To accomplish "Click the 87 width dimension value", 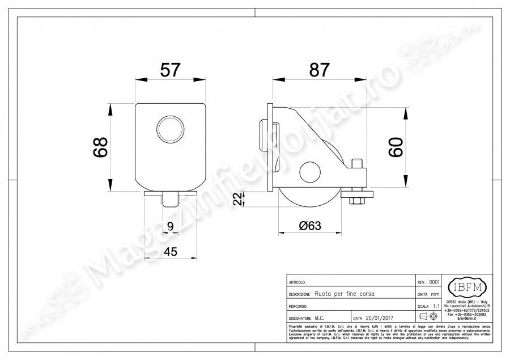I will click(x=319, y=70).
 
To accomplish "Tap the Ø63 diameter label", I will click(x=309, y=225).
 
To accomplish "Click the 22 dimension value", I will click(x=241, y=199).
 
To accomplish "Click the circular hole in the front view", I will click(x=170, y=128).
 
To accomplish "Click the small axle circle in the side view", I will click(x=309, y=172).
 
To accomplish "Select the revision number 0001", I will click(x=434, y=282).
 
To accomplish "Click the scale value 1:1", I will click(x=436, y=306).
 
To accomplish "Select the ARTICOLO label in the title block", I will click(x=298, y=282).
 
